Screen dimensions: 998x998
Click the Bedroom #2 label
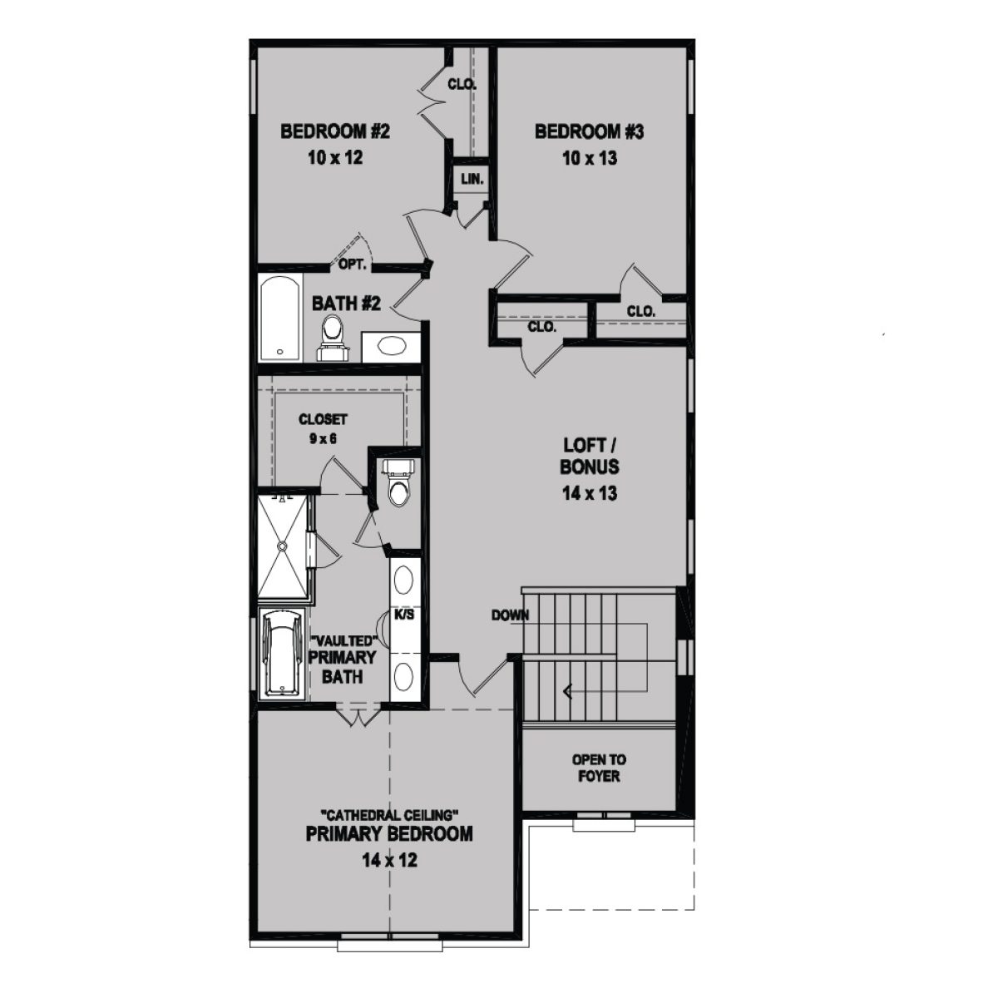pyautogui.click(x=335, y=131)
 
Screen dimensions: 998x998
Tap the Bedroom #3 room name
pyautogui.click(x=590, y=131)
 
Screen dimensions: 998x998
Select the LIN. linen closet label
pyautogui.click(x=472, y=179)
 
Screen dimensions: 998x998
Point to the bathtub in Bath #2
pyautogui.click(x=279, y=316)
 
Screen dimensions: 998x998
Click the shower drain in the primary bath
pyautogui.click(x=283, y=546)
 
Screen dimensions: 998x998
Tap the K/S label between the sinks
pyautogui.click(x=404, y=615)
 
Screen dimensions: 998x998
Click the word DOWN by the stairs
pyautogui.click(x=511, y=615)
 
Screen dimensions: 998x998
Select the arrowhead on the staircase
pyautogui.click(x=568, y=690)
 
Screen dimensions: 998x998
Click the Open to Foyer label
pyautogui.click(x=599, y=768)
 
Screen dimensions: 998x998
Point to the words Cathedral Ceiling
pyautogui.click(x=388, y=813)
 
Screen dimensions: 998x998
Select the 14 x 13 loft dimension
pyautogui.click(x=589, y=493)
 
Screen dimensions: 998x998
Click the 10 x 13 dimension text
pyautogui.click(x=590, y=157)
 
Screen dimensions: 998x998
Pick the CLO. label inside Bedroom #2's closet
pyautogui.click(x=462, y=84)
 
